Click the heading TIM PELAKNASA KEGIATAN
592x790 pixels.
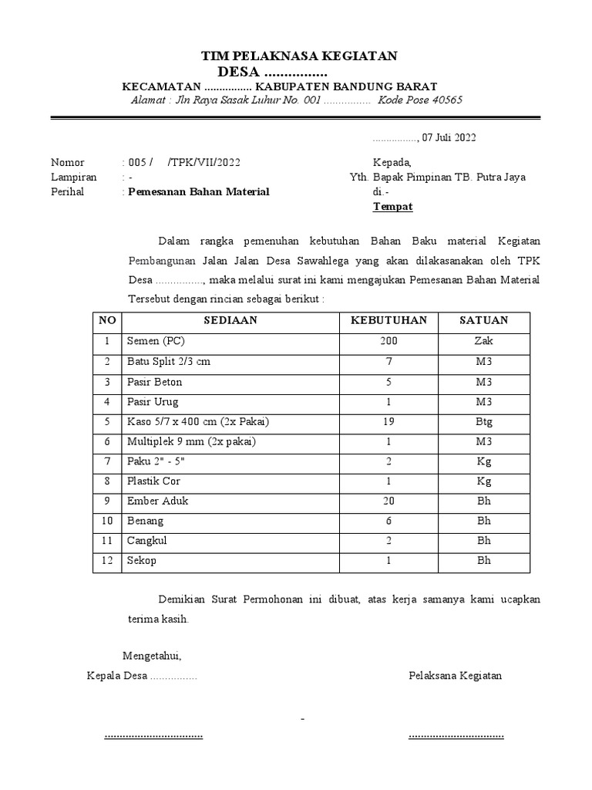pyautogui.click(x=299, y=56)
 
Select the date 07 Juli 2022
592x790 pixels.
pyautogui.click(x=449, y=138)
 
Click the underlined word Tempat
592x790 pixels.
pyautogui.click(x=393, y=207)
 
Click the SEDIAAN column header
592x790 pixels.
pyautogui.click(x=230, y=320)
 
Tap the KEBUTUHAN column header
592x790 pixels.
pyautogui.click(x=388, y=320)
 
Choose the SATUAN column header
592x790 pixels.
pyautogui.click(x=483, y=320)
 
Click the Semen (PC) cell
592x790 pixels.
pyautogui.click(x=156, y=341)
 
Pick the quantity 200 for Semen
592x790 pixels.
pyautogui.click(x=388, y=341)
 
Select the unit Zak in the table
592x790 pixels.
pyautogui.click(x=483, y=341)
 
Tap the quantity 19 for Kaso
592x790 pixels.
pyautogui.click(x=388, y=421)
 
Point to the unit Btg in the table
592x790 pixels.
pyautogui.click(x=483, y=421)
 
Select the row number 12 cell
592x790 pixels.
pyautogui.click(x=107, y=561)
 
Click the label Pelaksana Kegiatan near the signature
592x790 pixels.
pyautogui.click(x=455, y=676)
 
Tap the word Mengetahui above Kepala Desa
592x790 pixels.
pyautogui.click(x=152, y=656)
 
